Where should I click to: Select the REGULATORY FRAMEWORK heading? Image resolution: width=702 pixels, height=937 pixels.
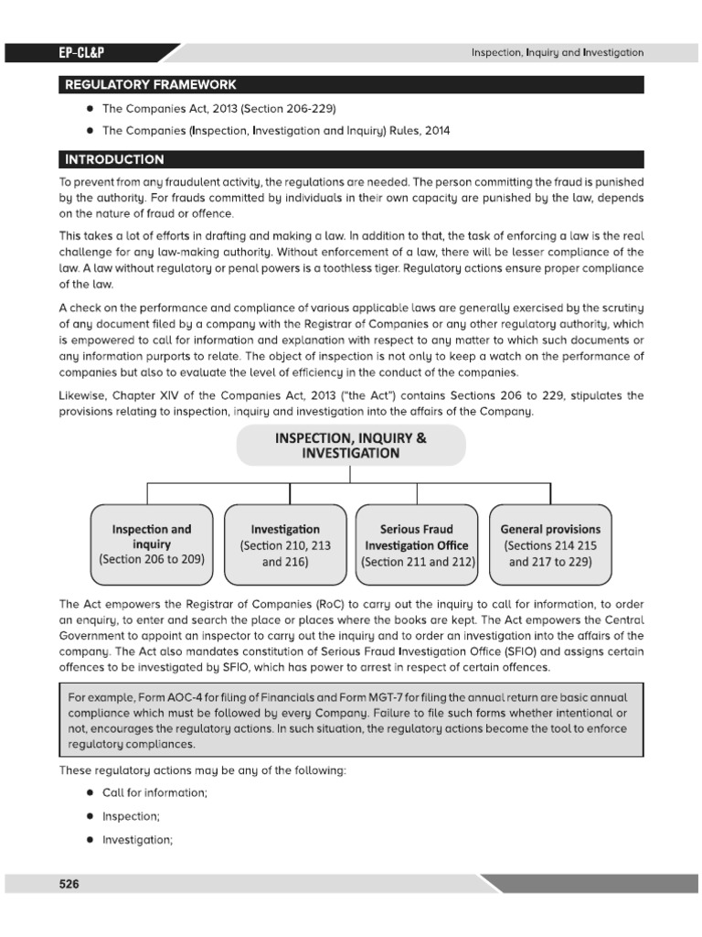point(149,85)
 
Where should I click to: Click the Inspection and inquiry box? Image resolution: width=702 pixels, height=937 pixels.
point(152,544)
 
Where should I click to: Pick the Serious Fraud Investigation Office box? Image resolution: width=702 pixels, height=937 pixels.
point(416,545)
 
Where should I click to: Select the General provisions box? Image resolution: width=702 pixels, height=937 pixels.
point(550,545)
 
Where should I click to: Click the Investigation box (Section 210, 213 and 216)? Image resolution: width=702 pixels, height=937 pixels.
point(285,545)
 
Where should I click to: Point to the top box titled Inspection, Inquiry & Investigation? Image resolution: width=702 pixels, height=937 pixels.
point(351,446)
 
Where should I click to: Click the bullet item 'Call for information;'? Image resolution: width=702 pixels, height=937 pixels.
point(154,793)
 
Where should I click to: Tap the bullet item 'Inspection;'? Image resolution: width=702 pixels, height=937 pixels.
point(131,816)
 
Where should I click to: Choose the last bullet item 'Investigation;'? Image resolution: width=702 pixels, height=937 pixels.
point(137,839)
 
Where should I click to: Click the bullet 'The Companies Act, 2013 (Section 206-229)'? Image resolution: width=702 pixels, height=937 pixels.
point(212,108)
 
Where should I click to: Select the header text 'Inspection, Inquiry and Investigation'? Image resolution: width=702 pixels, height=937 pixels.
point(557,53)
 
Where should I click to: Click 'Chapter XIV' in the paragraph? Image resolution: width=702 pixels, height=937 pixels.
point(137,395)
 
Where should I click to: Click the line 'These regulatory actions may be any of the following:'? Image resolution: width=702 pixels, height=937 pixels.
point(202,770)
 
